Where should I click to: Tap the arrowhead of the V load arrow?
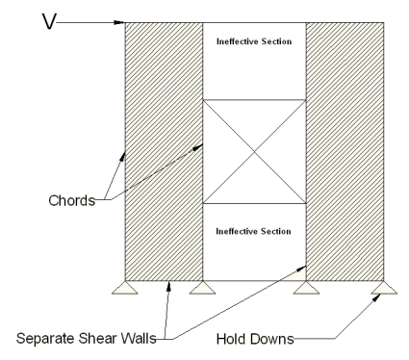(x=120, y=22)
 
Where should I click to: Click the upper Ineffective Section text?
(x=254, y=42)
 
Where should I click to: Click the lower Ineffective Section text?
(x=254, y=231)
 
